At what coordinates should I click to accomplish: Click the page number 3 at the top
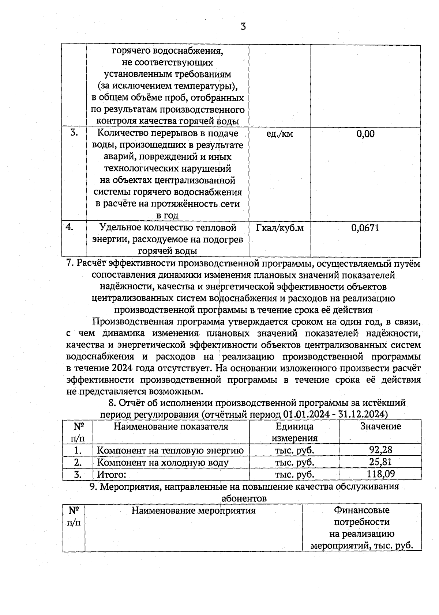pyautogui.click(x=243, y=26)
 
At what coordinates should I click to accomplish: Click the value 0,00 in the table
pyautogui.click(x=365, y=134)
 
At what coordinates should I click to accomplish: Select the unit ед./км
pyautogui.click(x=279, y=134)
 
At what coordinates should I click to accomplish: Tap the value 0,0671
pyautogui.click(x=365, y=228)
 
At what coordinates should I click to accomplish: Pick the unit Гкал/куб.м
pyautogui.click(x=280, y=228)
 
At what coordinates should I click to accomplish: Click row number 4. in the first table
pyautogui.click(x=70, y=227)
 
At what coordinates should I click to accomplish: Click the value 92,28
pyautogui.click(x=380, y=450)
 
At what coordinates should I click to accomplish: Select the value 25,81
pyautogui.click(x=380, y=462)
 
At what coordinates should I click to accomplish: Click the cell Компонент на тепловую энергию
pyautogui.click(x=170, y=450)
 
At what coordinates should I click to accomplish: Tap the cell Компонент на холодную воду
pyautogui.click(x=162, y=462)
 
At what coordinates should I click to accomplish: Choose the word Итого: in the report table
pyautogui.click(x=111, y=475)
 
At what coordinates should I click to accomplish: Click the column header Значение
pyautogui.click(x=380, y=426)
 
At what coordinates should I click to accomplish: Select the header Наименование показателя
pyautogui.click(x=171, y=426)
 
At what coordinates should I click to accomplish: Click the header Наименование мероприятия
pyautogui.click(x=193, y=510)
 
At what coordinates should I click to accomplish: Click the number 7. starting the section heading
pyautogui.click(x=71, y=264)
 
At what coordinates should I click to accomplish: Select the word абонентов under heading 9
pyautogui.click(x=244, y=498)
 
